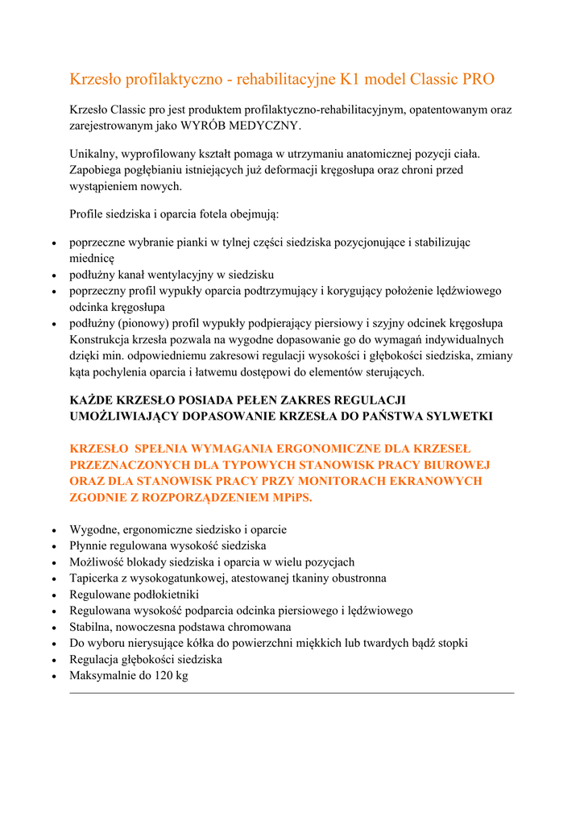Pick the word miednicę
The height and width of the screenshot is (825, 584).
[x=93, y=258]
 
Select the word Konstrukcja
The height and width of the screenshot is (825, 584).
[x=101, y=340]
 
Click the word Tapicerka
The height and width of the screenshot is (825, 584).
[x=96, y=578]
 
